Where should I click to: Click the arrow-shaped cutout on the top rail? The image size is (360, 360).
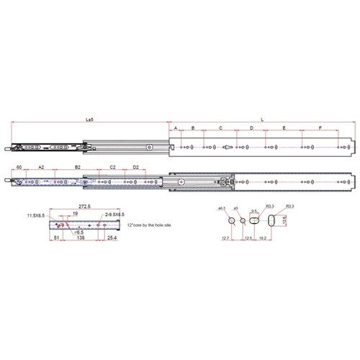[x=227, y=147]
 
